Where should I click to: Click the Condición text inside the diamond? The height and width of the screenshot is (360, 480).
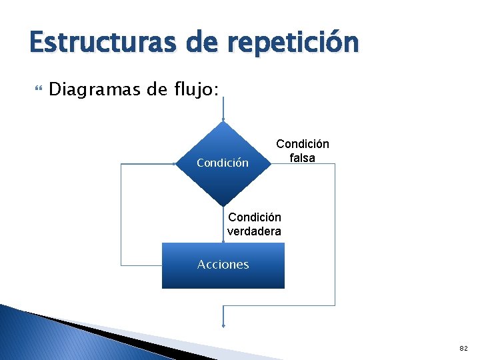pyautogui.click(x=223, y=163)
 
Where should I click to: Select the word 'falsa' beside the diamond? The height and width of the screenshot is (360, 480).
pyautogui.click(x=302, y=158)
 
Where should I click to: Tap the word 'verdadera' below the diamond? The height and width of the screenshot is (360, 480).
pyautogui.click(x=254, y=231)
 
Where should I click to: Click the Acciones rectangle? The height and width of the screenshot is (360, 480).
pyautogui.click(x=223, y=277)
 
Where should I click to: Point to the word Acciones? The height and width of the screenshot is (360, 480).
pyautogui.click(x=223, y=265)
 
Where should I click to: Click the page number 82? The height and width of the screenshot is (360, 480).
pyautogui.click(x=463, y=348)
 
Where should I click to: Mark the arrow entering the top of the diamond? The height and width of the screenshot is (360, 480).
pyautogui.click(x=223, y=110)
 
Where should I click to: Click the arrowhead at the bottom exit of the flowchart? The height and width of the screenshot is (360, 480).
pyautogui.click(x=223, y=325)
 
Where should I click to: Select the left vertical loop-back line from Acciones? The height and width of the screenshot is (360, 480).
pyautogui.click(x=121, y=213)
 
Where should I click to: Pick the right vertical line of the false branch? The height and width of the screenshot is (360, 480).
pyautogui.click(x=335, y=233)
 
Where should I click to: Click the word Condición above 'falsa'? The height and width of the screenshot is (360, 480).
pyautogui.click(x=302, y=144)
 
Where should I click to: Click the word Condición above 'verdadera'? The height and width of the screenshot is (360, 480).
pyautogui.click(x=254, y=217)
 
